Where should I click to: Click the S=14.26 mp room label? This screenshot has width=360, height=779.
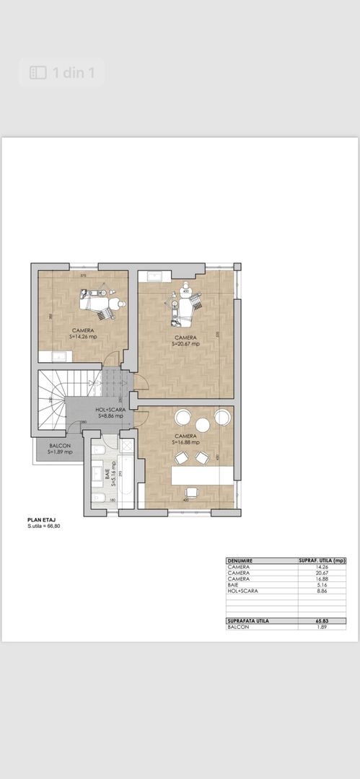tap(83, 336)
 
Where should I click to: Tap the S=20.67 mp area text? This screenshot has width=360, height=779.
tap(185, 344)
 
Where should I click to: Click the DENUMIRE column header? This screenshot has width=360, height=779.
tap(241, 560)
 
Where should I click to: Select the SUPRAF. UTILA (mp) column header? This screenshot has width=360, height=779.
tap(322, 560)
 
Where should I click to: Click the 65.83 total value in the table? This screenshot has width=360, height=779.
tap(322, 620)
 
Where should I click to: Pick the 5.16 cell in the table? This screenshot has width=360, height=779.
tap(322, 584)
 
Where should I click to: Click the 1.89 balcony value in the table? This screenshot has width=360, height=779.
tap(322, 627)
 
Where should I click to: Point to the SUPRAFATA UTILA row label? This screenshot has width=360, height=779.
tap(249, 620)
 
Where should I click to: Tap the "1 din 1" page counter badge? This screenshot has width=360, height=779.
tap(62, 73)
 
